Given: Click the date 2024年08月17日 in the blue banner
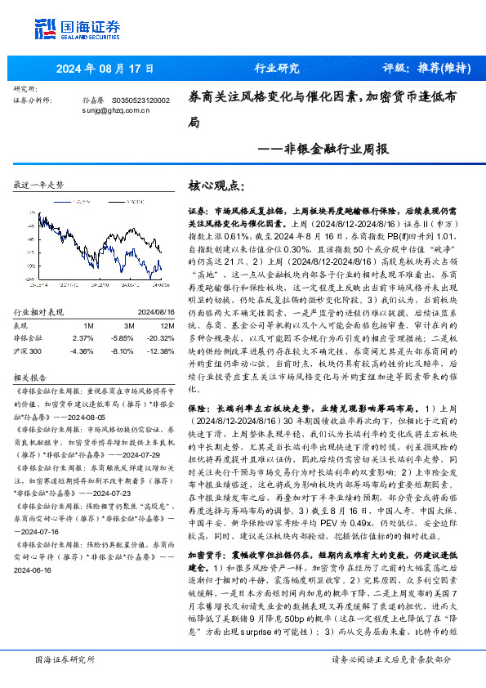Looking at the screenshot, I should [94, 69].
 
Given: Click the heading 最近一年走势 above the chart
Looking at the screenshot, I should [39, 185].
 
